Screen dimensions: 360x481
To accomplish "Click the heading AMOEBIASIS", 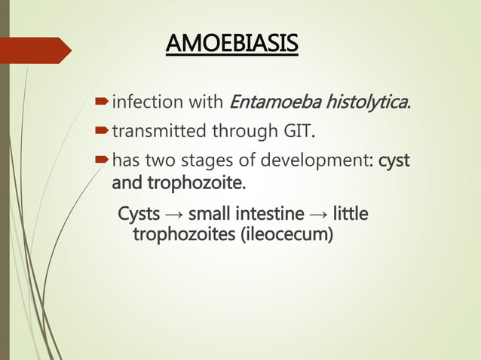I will tap(231, 44).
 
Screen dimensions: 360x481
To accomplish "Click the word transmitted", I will tap(149, 133).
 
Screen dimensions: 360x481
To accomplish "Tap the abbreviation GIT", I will tap(296, 133).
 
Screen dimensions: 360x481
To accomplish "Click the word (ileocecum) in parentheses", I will tap(286, 236).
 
